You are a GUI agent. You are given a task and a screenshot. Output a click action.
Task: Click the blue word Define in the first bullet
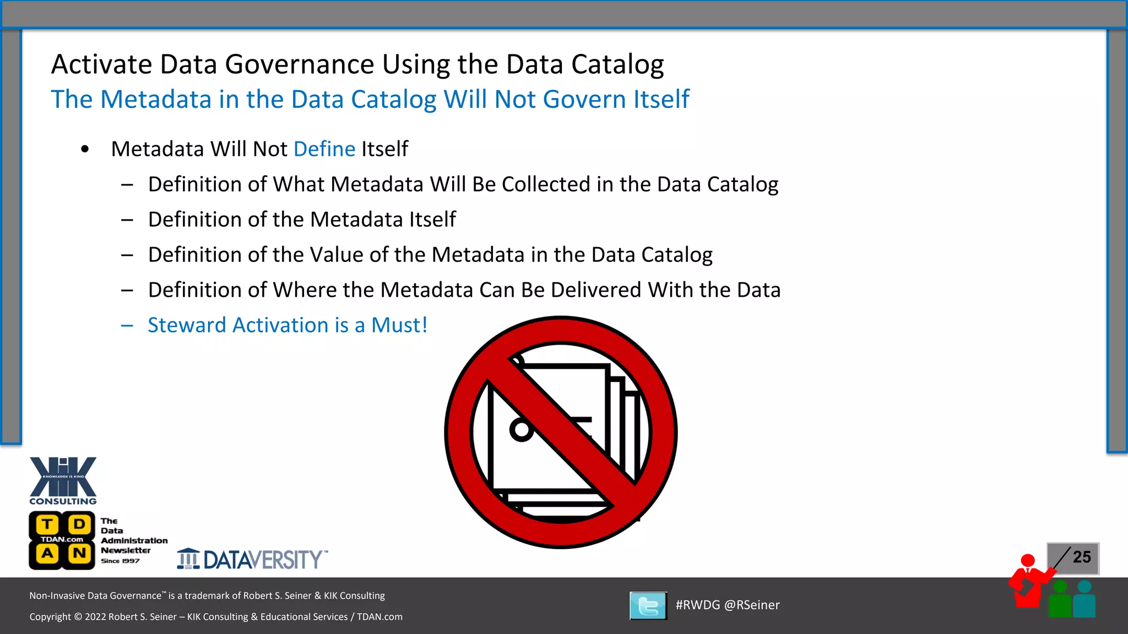tap(324, 149)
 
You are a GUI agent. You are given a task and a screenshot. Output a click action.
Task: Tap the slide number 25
tap(1082, 557)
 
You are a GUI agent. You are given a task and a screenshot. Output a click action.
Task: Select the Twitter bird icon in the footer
tap(648, 606)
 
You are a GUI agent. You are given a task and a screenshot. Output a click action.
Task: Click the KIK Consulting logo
tap(63, 480)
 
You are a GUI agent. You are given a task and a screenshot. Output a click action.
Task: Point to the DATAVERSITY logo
tap(252, 559)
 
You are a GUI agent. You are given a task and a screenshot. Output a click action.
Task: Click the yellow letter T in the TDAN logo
tap(48, 524)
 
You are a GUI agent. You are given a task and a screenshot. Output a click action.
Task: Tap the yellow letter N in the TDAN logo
tap(79, 553)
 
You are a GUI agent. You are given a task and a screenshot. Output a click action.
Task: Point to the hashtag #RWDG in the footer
tap(697, 605)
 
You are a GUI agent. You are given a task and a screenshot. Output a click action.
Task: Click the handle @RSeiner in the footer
tap(752, 605)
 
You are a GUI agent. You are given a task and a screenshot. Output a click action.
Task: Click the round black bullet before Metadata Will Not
tap(85, 149)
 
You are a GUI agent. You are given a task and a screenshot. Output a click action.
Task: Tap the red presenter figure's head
tap(1028, 561)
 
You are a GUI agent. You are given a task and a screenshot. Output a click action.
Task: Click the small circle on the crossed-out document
tap(520, 429)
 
